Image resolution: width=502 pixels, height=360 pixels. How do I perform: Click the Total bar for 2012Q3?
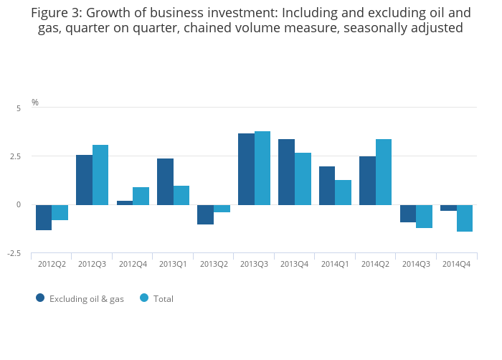pos(100,175)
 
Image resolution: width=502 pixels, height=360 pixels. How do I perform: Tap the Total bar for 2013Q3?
pos(262,168)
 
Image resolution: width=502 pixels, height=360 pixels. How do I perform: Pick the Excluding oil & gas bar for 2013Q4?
pos(286,172)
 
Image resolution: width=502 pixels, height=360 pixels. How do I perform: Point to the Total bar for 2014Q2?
pos(384,172)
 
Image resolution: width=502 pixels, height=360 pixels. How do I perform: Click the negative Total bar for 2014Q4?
pos(465,218)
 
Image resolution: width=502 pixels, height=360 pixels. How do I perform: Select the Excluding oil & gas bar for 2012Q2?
pos(44,217)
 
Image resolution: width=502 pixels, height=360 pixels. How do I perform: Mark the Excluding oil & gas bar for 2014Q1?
pos(327,186)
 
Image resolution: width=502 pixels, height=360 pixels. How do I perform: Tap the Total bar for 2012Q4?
pos(141,196)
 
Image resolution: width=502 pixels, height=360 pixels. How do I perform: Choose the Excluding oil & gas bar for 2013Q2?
pos(205,214)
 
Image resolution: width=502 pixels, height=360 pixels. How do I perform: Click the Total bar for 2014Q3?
pos(424,217)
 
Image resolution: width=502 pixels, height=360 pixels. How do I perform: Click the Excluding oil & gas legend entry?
pos(80,298)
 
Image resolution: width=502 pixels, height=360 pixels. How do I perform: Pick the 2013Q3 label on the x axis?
pos(254,265)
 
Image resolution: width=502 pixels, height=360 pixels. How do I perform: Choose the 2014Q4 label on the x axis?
pos(457,265)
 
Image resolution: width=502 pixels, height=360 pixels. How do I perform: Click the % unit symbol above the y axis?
pos(35,103)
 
